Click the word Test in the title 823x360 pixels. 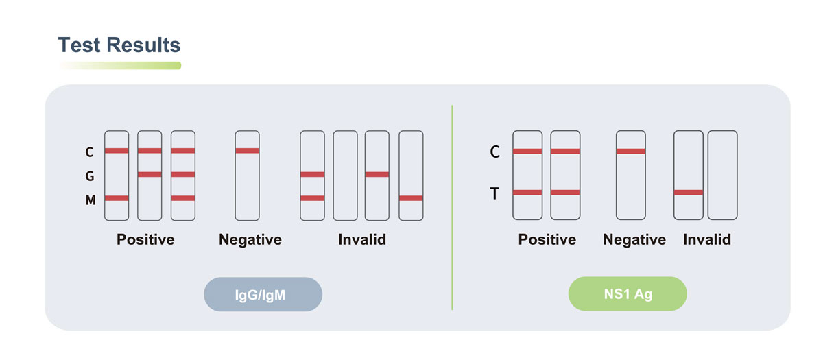click(x=79, y=45)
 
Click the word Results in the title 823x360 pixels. click(x=143, y=45)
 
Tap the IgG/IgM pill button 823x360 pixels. click(x=263, y=294)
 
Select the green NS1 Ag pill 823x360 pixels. click(x=628, y=294)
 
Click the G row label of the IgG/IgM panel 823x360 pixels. click(x=90, y=176)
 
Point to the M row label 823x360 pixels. click(x=91, y=200)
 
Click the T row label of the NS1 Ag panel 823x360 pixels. click(x=495, y=193)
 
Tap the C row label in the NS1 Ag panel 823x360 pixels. click(x=495, y=152)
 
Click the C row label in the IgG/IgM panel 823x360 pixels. click(x=89, y=152)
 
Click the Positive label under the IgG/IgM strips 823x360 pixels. click(x=145, y=239)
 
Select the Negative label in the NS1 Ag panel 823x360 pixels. click(x=634, y=239)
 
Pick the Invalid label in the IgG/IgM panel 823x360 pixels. click(x=362, y=239)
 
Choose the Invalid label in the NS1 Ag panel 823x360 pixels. click(x=707, y=239)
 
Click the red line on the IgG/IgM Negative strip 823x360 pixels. click(x=248, y=151)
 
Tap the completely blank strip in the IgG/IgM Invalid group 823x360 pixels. click(x=346, y=176)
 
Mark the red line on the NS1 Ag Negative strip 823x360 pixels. click(x=631, y=151)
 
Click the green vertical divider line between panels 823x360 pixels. click(x=452, y=208)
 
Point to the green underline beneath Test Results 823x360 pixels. click(x=120, y=66)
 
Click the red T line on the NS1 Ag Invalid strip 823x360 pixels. click(x=689, y=192)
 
